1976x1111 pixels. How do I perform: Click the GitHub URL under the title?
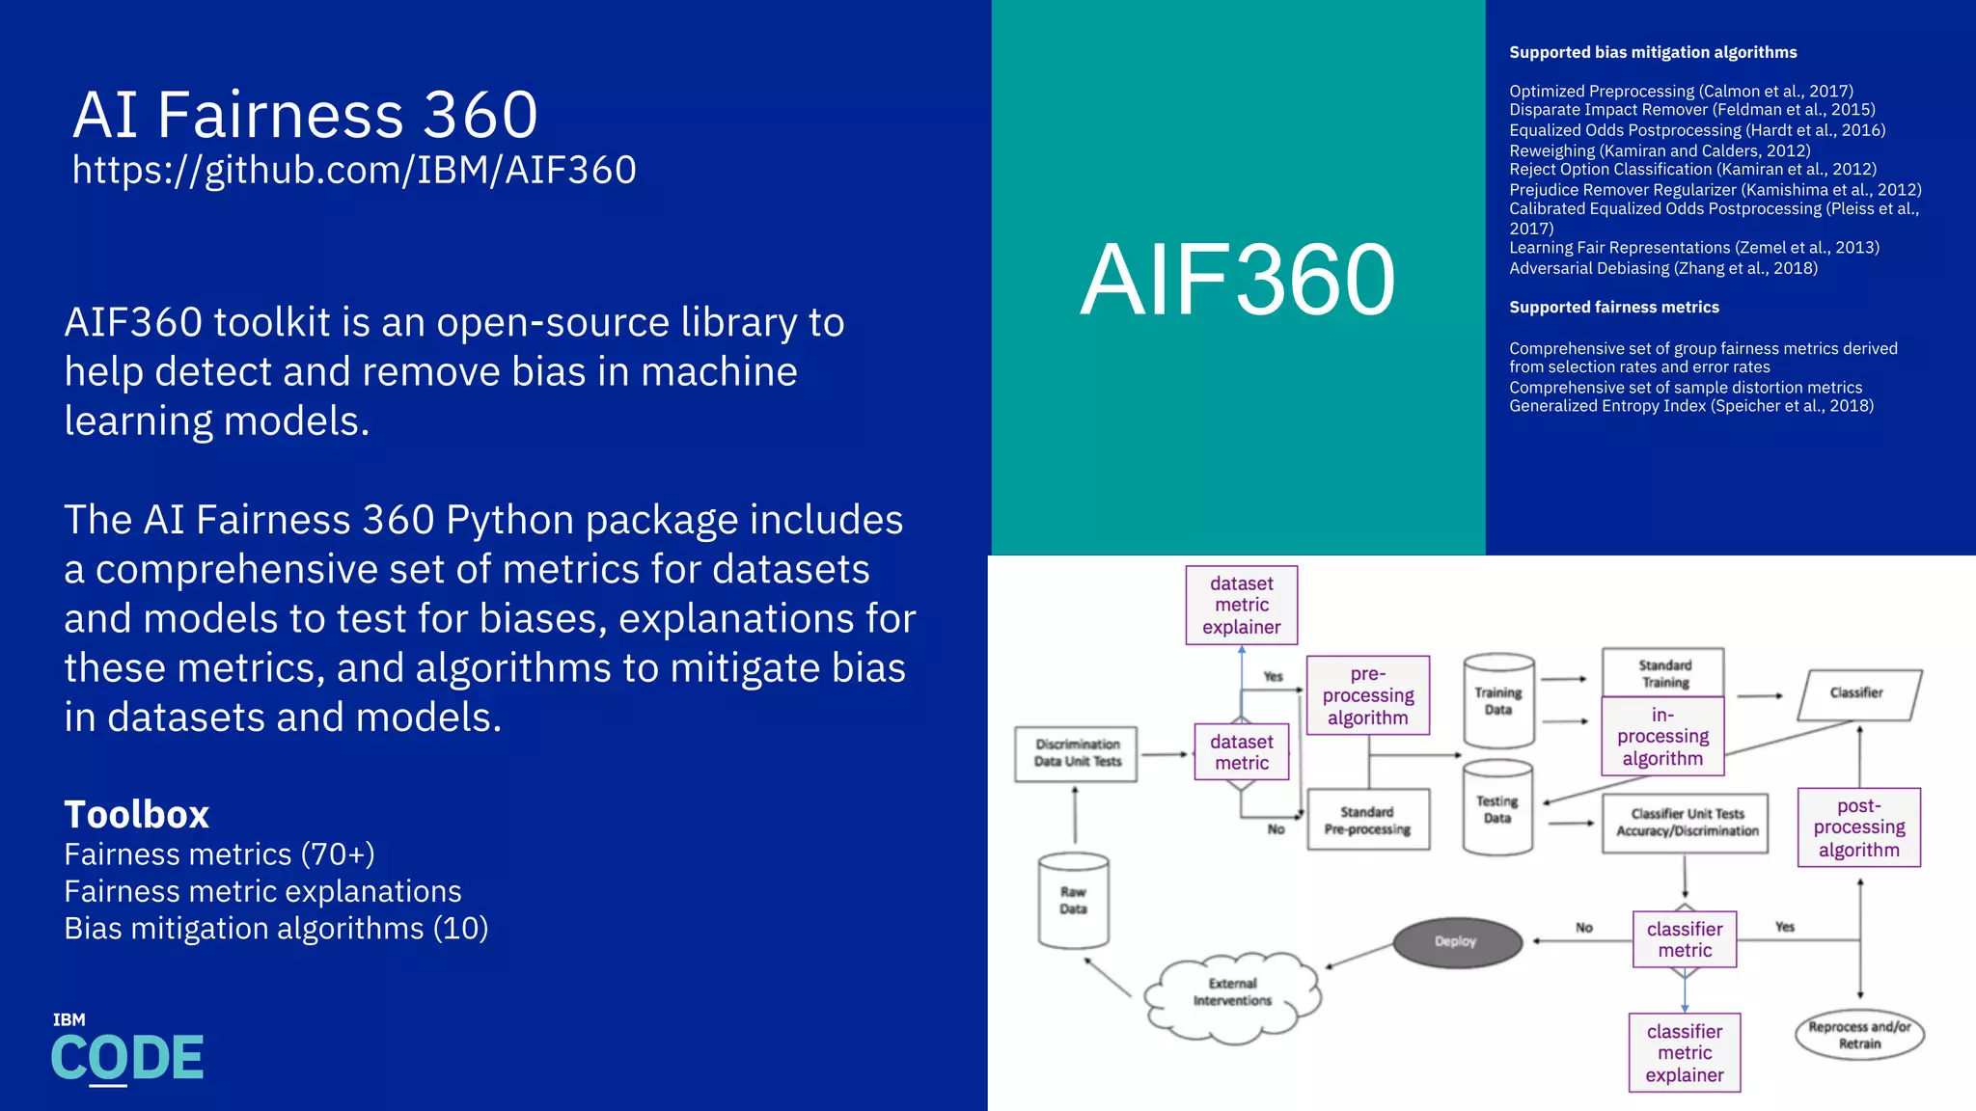(354, 171)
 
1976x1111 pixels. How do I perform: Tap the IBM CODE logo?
(126, 1050)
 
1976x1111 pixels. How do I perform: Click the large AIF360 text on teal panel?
(1238, 280)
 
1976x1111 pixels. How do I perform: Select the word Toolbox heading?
(136, 815)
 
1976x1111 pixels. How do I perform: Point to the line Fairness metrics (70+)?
(219, 854)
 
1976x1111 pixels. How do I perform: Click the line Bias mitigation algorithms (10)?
(276, 929)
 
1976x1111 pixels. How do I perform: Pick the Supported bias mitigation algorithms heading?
(1652, 52)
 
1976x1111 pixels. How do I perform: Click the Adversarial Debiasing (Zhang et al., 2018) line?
(1662, 268)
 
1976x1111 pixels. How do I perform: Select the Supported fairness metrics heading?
(1613, 307)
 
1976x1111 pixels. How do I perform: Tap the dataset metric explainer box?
(1241, 605)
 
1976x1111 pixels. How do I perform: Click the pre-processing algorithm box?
(1367, 695)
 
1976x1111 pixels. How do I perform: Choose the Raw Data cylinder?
(1073, 901)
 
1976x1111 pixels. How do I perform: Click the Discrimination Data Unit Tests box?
(1077, 753)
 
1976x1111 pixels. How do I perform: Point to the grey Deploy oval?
(1456, 941)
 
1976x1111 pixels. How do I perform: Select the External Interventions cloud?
(1232, 993)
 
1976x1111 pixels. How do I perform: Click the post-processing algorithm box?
(1858, 827)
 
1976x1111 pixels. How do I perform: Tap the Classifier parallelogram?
(1858, 694)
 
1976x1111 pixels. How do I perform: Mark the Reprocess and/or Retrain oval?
(1859, 1035)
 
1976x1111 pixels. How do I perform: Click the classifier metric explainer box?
(1684, 1052)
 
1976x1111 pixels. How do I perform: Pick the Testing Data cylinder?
(1497, 808)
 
